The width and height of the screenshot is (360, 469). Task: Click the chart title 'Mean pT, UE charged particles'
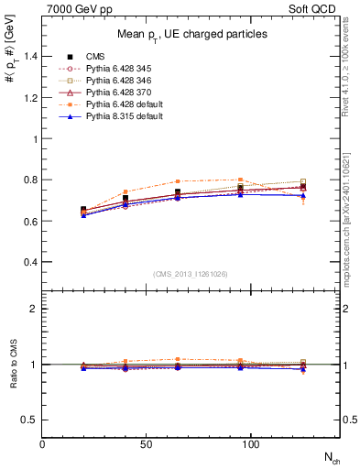(x=193, y=34)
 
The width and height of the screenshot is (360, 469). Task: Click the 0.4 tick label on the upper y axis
(x=31, y=262)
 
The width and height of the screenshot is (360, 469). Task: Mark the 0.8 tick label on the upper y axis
(x=31, y=180)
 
